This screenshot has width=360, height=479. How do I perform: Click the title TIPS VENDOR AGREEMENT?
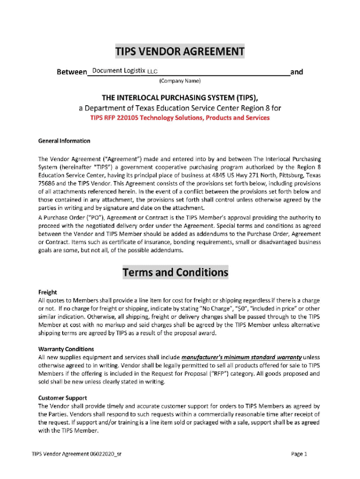pyautogui.click(x=180, y=51)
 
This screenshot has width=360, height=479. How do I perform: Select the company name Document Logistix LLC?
pyautogui.click(x=125, y=71)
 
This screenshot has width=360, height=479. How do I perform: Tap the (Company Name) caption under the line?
pyautogui.click(x=180, y=81)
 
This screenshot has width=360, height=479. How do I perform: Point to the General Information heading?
pyautogui.click(x=64, y=141)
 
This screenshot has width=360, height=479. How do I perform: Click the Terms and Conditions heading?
pyautogui.click(x=175, y=272)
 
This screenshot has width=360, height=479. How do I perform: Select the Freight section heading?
pyautogui.click(x=48, y=292)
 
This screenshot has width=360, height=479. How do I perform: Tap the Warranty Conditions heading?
pyautogui.click(x=66, y=349)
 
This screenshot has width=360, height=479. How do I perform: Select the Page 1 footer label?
pyautogui.click(x=299, y=454)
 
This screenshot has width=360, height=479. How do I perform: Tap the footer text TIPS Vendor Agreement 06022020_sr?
pyautogui.click(x=78, y=454)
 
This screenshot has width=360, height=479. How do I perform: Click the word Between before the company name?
pyautogui.click(x=72, y=72)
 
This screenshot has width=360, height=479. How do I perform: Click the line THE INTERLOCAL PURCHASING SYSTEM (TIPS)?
pyautogui.click(x=180, y=98)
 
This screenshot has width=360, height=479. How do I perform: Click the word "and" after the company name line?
pyautogui.click(x=297, y=72)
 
